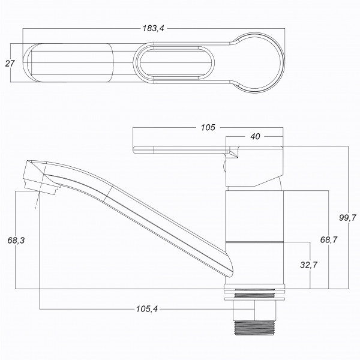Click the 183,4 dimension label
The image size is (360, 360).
click(154, 28)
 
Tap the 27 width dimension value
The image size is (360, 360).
click(10, 64)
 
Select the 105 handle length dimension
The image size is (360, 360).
click(208, 127)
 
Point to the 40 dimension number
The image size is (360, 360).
click(255, 137)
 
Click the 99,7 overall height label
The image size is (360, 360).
click(347, 217)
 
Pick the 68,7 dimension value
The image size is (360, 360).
click(329, 240)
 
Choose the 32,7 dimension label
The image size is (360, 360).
click(308, 265)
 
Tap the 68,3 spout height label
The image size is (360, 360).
click(16, 241)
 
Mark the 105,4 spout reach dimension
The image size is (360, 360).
click(147, 309)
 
